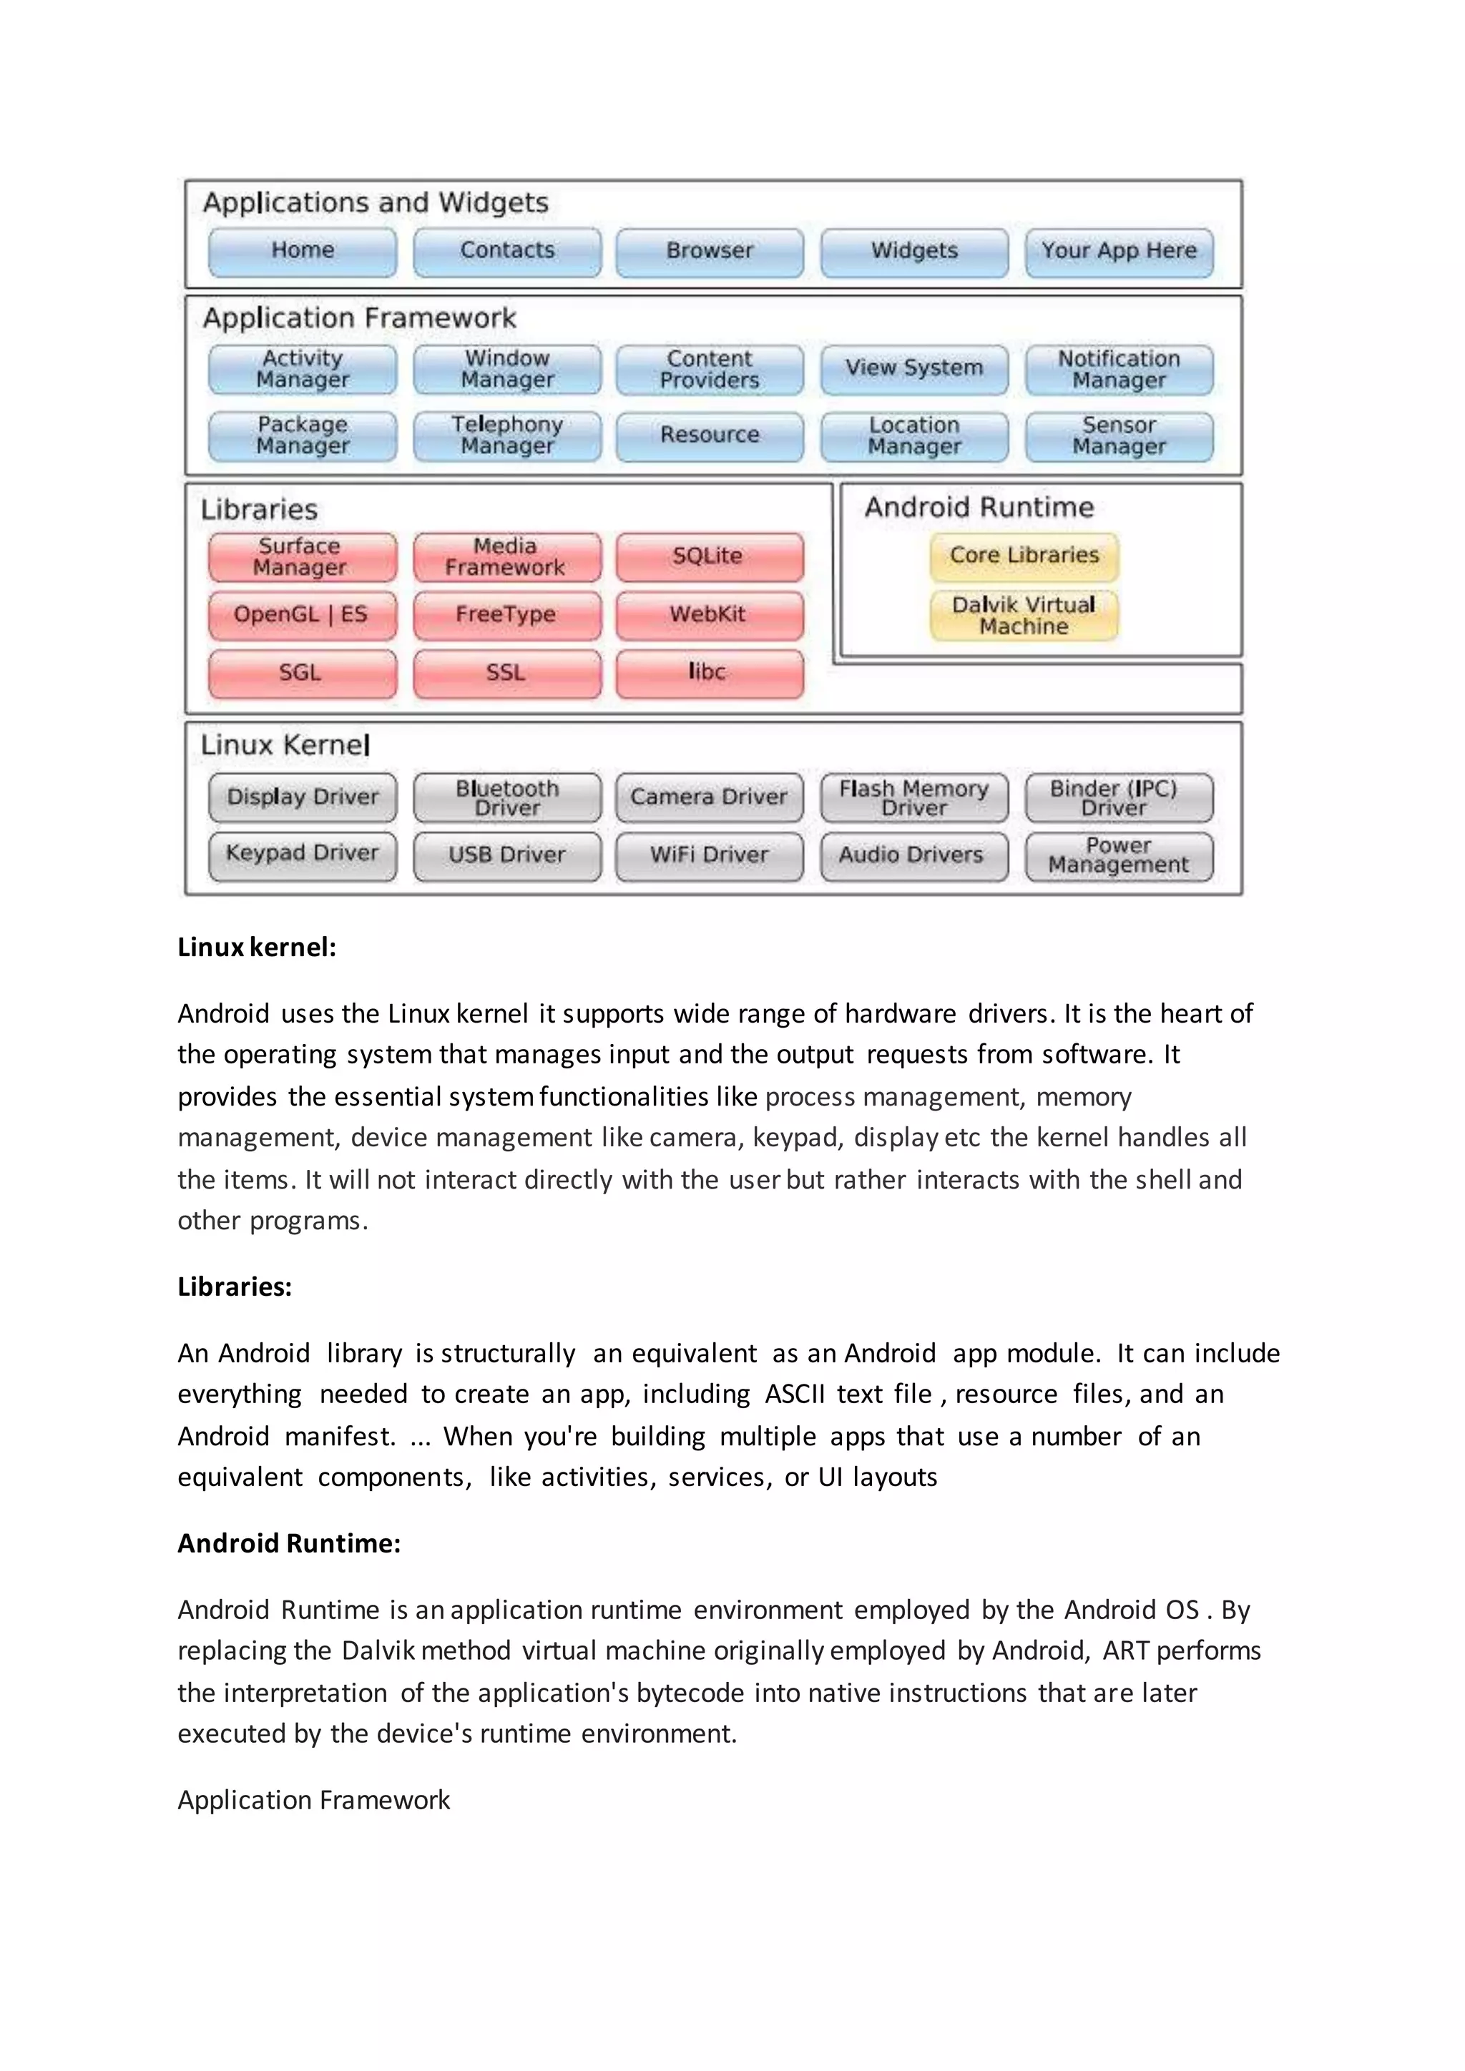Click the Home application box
tap(302, 251)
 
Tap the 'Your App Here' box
tap(1119, 251)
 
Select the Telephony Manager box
tap(507, 436)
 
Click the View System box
tap(913, 368)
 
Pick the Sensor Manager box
tap(1119, 436)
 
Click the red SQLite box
tap(709, 556)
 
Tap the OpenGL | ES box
tap(301, 615)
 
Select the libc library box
tap(709, 673)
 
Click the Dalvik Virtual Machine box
tap(1024, 615)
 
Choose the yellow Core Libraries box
tap(1024, 556)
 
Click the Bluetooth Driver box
tap(507, 797)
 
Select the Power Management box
tap(1119, 855)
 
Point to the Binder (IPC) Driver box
tap(1119, 797)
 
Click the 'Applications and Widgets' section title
tap(376, 203)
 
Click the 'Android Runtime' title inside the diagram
tap(979, 508)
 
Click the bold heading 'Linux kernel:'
tap(256, 947)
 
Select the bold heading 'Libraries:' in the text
tap(235, 1287)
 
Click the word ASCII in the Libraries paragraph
tap(795, 1394)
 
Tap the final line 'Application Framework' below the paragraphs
tap(313, 1801)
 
